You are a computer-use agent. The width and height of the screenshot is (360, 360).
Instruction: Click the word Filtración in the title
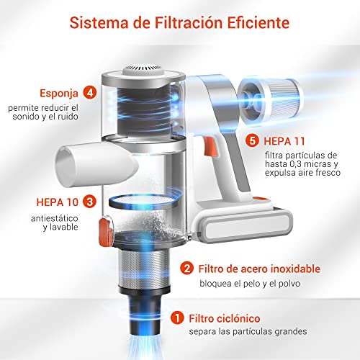click(x=189, y=22)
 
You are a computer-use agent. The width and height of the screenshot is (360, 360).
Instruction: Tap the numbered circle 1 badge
click(x=177, y=318)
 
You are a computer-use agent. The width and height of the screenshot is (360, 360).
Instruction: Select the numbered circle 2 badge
click(x=186, y=268)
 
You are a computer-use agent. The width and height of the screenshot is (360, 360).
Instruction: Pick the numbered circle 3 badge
click(x=89, y=202)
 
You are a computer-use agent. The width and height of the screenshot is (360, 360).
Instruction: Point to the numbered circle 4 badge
click(x=90, y=92)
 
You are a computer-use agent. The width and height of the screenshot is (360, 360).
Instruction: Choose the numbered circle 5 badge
click(x=252, y=140)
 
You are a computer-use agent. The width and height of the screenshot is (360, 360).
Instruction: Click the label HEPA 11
click(x=284, y=141)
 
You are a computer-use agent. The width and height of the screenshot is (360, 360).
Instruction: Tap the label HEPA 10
click(x=58, y=202)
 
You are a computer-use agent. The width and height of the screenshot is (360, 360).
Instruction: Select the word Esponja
click(x=59, y=94)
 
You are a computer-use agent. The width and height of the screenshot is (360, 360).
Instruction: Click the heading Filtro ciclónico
click(x=225, y=318)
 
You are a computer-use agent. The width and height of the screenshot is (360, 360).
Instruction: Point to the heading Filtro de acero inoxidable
click(x=259, y=269)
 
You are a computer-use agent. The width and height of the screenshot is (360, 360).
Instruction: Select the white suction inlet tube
click(x=96, y=165)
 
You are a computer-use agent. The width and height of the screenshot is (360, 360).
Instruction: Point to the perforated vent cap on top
click(x=143, y=70)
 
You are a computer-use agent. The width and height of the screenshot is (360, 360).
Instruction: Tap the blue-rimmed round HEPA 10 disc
click(x=144, y=202)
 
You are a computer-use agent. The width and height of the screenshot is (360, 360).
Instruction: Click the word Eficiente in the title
click(x=258, y=22)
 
